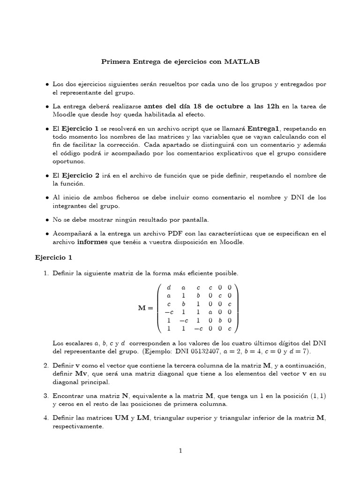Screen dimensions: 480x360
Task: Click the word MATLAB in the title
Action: point(241,61)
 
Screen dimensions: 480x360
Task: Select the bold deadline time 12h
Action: point(270,106)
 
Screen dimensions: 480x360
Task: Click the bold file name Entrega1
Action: point(263,128)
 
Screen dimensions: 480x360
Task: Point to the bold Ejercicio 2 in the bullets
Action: point(81,176)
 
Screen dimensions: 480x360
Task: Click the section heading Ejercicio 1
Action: point(54,257)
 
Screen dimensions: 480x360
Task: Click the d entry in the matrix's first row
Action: point(169,287)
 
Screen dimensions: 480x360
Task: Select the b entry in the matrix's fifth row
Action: point(220,321)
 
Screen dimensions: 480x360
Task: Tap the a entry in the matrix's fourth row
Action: point(211,313)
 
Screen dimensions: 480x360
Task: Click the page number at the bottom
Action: point(180,451)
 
